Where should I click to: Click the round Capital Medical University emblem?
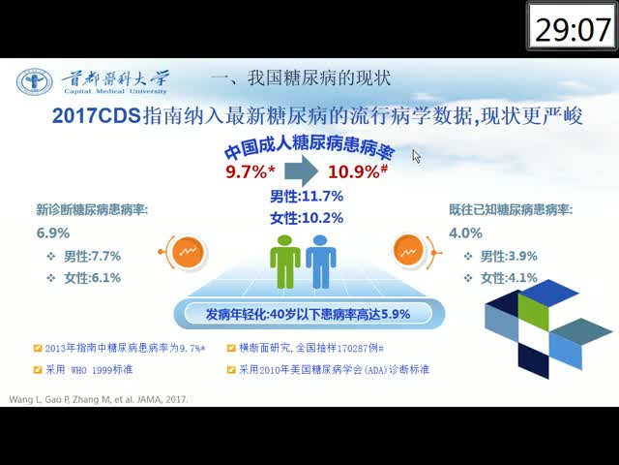[x=35, y=81]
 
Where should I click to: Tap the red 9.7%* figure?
[x=250, y=171]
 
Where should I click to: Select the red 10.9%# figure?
[x=358, y=171]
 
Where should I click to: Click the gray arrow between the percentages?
[x=301, y=170]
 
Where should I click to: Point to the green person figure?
[x=285, y=262]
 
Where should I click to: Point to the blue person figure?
[x=320, y=262]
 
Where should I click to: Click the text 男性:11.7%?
[x=307, y=196]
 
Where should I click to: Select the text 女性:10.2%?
[x=307, y=218]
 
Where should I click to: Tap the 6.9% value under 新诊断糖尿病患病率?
[x=53, y=232]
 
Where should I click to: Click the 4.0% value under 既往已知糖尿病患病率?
[x=465, y=232]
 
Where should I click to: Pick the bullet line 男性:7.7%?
[x=84, y=256]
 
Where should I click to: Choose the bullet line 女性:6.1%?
[x=84, y=278]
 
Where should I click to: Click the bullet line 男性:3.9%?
[x=500, y=256]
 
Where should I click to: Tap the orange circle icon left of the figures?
[x=188, y=252]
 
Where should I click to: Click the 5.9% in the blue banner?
[x=396, y=314]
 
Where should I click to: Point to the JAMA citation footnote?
[x=99, y=399]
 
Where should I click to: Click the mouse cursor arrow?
[x=417, y=156]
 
